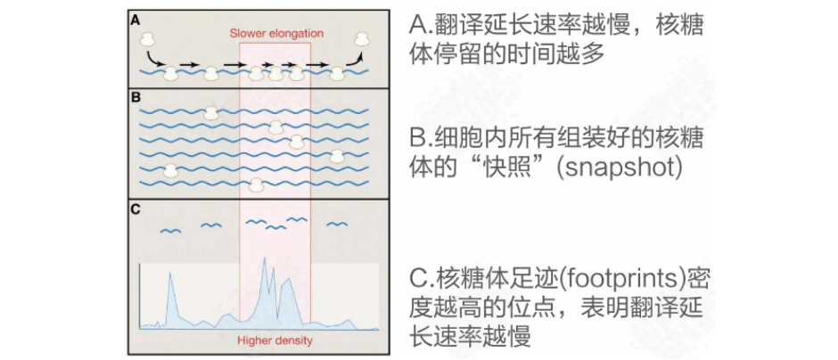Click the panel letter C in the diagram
pos(136,209)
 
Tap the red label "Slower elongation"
pos(275,34)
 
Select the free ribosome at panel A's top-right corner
pos(362,38)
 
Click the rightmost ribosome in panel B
pos(337,156)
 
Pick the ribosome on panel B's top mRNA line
pos(210,112)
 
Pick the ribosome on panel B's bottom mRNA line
pos(256,184)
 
